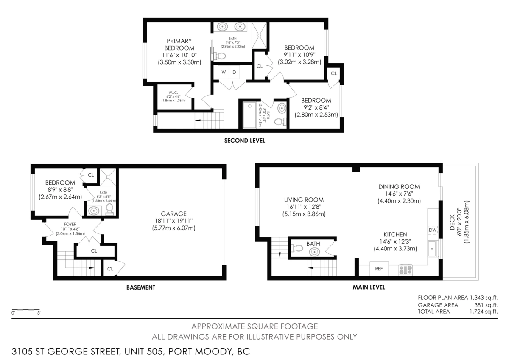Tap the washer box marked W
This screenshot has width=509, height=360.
point(224,72)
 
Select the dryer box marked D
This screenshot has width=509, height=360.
point(234,72)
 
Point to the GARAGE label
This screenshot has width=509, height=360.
point(173,214)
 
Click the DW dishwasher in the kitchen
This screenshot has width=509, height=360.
point(433,230)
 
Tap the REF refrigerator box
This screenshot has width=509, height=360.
point(379,269)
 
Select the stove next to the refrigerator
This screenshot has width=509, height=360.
point(405,269)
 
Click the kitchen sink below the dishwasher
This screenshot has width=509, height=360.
point(432,248)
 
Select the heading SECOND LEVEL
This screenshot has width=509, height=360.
point(244,141)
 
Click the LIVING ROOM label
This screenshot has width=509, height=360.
point(304,200)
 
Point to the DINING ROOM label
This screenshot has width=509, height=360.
point(399,186)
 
